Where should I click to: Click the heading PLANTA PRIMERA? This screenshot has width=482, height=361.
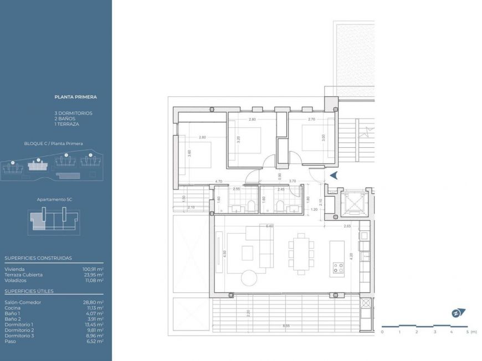(x=75, y=97)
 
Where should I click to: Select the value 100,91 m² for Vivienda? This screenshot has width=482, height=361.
(x=93, y=269)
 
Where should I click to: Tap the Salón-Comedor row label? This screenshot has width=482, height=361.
(x=23, y=302)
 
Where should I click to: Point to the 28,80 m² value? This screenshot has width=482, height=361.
(x=93, y=302)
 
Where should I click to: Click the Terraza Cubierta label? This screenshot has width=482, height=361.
(x=23, y=275)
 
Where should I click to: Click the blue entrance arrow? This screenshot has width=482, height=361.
(x=334, y=176)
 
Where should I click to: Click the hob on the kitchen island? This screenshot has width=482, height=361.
(x=337, y=269)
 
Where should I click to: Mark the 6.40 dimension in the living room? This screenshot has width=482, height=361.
(x=270, y=226)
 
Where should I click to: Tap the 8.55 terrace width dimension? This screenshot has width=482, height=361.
(x=286, y=326)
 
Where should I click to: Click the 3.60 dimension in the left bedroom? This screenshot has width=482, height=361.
(x=189, y=154)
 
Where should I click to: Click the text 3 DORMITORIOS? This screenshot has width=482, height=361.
(x=73, y=113)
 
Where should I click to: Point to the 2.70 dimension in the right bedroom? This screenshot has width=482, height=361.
(x=311, y=119)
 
